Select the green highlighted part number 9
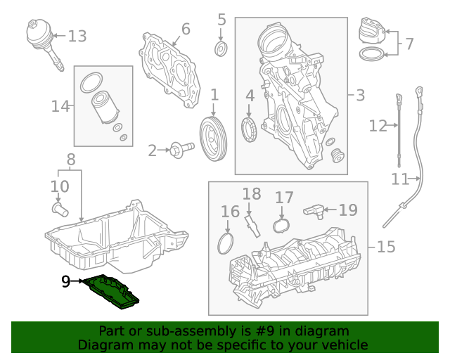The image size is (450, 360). coord(111,291)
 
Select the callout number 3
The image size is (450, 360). coord(360,95)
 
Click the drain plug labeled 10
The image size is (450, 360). coord(59,208)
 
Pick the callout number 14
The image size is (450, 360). coord(60,106)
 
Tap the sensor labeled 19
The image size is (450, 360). coord(314,209)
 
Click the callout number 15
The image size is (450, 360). coord(385,247)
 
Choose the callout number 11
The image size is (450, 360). coord(400,179)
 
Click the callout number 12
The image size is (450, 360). coord(378,126)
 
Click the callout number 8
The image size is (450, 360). coord(70,160)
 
